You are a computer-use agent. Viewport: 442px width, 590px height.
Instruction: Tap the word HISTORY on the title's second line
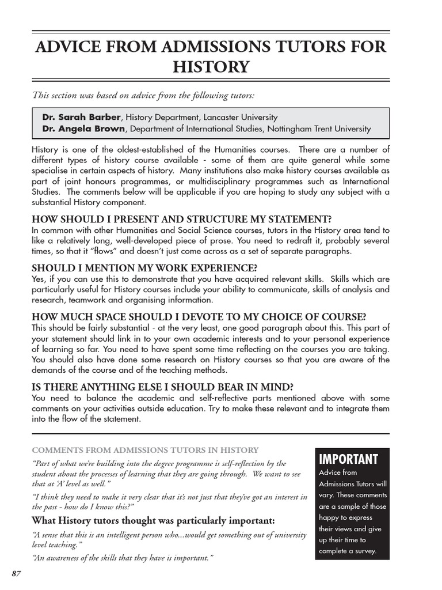[211, 67]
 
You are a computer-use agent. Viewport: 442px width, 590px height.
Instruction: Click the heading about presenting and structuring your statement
[181, 220]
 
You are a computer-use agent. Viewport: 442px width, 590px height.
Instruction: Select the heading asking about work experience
[144, 268]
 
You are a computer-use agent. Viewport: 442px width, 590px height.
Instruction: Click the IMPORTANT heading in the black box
[348, 459]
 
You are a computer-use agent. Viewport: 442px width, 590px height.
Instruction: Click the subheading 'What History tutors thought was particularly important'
[153, 520]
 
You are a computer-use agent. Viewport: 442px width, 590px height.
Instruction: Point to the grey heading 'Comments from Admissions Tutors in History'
[145, 450]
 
